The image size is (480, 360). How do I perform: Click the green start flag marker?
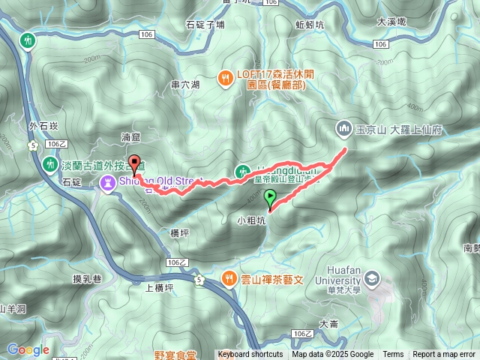[270, 199]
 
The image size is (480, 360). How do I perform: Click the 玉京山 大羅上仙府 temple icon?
[344, 129]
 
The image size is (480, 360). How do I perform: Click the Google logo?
[28, 349]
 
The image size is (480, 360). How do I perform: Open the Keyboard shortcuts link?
[250, 355]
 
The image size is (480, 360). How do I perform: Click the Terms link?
[393, 355]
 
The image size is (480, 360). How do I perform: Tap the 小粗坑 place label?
[251, 220]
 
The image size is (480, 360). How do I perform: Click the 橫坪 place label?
[180, 233]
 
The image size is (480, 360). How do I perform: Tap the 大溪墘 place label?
[391, 22]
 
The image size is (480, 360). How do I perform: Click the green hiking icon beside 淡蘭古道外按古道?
[50, 163]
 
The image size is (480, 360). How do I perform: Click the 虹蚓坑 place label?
[310, 24]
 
